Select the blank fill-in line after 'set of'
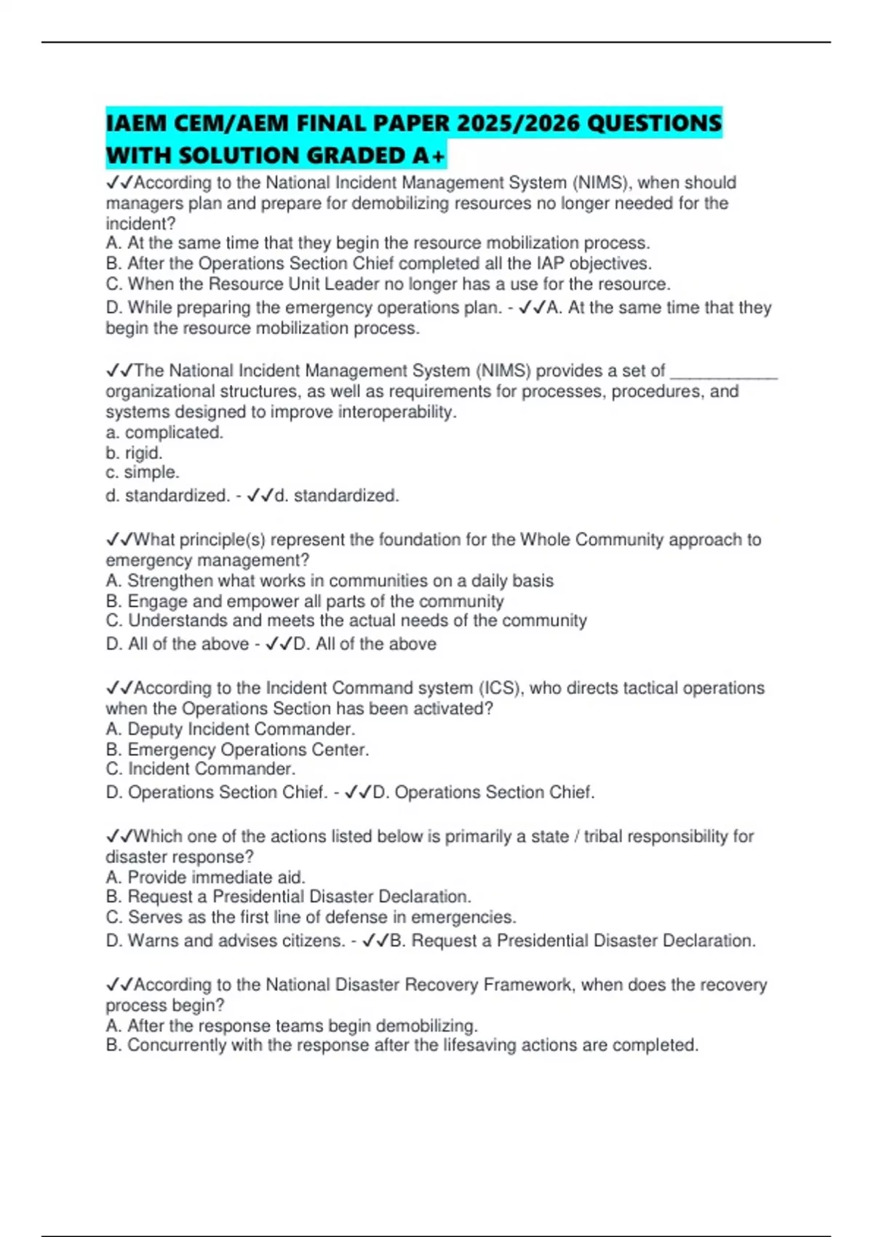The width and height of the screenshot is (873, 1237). [723, 373]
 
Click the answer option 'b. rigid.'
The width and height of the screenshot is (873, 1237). [134, 453]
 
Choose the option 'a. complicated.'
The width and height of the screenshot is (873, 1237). [164, 432]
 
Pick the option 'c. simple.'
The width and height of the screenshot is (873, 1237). [143, 472]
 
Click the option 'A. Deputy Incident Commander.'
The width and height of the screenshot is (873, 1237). [231, 729]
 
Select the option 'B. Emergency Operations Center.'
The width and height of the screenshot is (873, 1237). [237, 749]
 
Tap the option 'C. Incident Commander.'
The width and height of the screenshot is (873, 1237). [201, 769]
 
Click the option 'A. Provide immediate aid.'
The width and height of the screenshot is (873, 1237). [205, 877]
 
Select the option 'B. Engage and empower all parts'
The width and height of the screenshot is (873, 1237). [304, 601]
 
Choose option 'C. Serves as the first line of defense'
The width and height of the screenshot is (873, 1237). [311, 917]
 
